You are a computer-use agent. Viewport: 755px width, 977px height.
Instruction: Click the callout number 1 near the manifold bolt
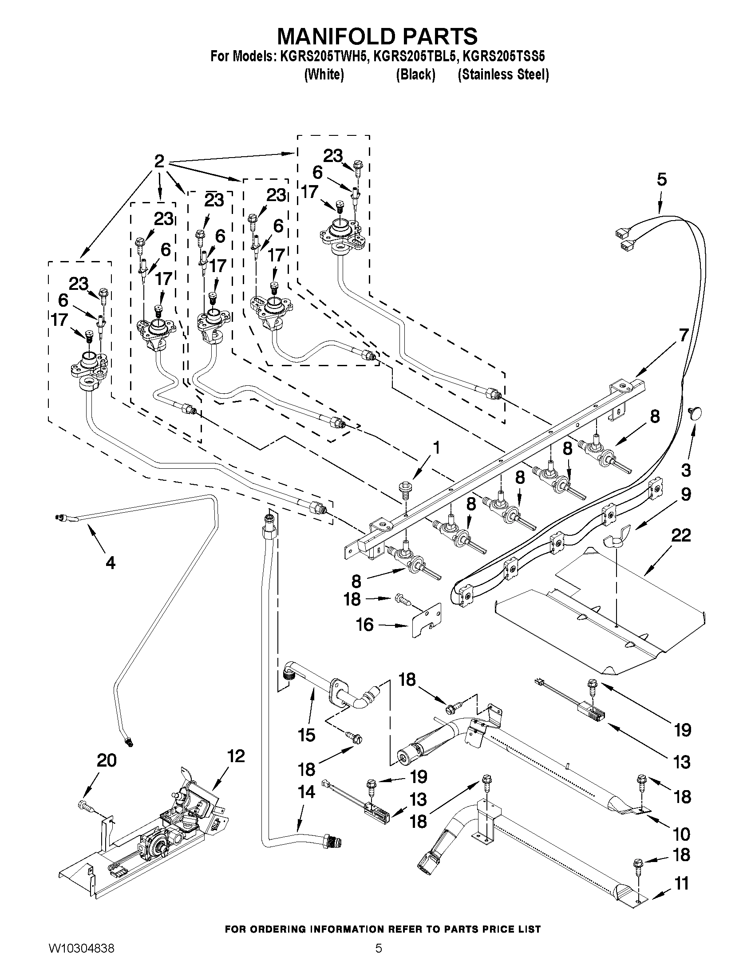[436, 448]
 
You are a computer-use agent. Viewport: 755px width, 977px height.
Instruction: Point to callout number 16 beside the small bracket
[365, 625]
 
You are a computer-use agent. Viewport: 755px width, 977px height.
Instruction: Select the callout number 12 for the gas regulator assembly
[236, 756]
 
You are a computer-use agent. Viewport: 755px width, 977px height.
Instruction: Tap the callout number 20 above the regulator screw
[107, 760]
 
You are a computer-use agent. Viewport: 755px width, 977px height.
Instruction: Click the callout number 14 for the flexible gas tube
[306, 792]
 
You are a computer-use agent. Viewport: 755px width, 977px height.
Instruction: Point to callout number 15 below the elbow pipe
[306, 735]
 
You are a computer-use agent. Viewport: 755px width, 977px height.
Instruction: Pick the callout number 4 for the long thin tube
[110, 562]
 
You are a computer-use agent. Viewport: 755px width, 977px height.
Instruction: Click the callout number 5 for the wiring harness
[661, 179]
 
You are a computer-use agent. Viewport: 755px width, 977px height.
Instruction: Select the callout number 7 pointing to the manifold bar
[683, 335]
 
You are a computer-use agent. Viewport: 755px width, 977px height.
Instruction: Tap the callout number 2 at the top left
[159, 161]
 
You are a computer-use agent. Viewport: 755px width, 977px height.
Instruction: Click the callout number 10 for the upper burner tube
[681, 834]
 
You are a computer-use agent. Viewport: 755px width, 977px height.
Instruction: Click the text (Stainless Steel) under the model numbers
[503, 74]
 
